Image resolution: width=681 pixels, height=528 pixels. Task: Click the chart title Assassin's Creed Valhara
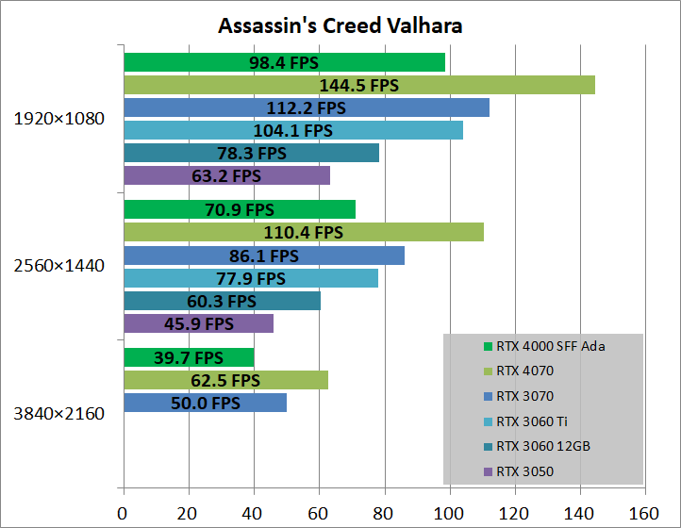pyautogui.click(x=340, y=25)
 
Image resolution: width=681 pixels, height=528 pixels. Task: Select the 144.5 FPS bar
pyautogui.click(x=358, y=85)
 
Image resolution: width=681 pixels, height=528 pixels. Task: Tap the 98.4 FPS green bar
pyautogui.click(x=284, y=62)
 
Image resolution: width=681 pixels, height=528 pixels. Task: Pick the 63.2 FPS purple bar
pyautogui.click(x=226, y=175)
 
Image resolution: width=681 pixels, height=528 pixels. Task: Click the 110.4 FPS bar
pyautogui.click(x=303, y=232)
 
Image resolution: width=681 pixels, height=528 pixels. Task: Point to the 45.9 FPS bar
pyautogui.click(x=198, y=323)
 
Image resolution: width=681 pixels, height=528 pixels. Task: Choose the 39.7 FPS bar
pyautogui.click(x=189, y=357)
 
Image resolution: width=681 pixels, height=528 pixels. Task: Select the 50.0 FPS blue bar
pyautogui.click(x=205, y=403)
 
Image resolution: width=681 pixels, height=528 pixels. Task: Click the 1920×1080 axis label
pyautogui.click(x=59, y=119)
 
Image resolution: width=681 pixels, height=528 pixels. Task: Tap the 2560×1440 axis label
pyautogui.click(x=59, y=266)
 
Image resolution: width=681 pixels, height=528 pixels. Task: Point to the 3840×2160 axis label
pyautogui.click(x=59, y=413)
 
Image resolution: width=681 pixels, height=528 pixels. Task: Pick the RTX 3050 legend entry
pyautogui.click(x=524, y=471)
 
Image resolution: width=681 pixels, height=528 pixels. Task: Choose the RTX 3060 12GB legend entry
pyautogui.click(x=541, y=447)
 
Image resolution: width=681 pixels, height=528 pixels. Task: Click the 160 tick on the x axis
pyautogui.click(x=644, y=514)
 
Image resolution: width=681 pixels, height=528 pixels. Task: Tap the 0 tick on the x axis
pyautogui.click(x=123, y=514)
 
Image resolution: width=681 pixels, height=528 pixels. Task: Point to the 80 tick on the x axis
pyautogui.click(x=384, y=514)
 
